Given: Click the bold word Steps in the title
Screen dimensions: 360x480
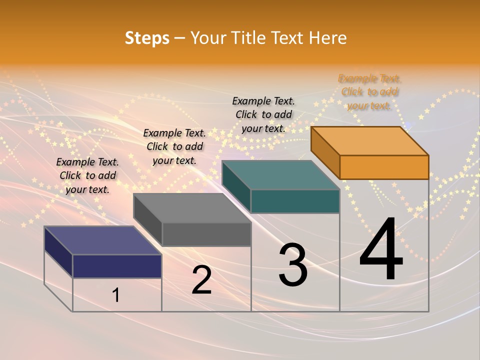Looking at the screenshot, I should (x=147, y=38).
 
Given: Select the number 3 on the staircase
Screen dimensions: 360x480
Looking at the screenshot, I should (x=293, y=265).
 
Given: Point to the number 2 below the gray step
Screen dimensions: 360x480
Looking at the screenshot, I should (x=201, y=280).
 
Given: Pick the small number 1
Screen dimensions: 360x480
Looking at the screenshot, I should (x=116, y=295).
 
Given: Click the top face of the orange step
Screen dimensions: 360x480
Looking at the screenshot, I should (x=370, y=140).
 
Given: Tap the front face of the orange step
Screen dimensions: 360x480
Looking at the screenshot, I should (x=384, y=167).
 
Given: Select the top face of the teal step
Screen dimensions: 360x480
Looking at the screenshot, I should (x=281, y=175).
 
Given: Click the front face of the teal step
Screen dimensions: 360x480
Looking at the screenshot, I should (x=295, y=201).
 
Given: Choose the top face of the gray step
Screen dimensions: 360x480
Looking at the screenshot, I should (x=192, y=208).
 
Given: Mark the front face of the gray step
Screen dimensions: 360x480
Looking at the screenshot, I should (x=206, y=234).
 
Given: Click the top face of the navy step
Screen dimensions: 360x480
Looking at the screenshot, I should (x=103, y=240).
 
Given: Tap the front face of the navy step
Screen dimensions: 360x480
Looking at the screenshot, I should (x=117, y=266).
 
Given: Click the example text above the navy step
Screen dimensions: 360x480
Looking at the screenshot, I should (x=87, y=175).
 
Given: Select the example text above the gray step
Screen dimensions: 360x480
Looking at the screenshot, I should (x=174, y=146).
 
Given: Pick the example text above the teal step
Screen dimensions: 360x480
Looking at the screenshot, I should (x=263, y=114).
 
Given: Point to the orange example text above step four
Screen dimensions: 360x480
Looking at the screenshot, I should (x=369, y=92).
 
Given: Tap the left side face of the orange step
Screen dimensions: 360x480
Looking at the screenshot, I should (x=325, y=153).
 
